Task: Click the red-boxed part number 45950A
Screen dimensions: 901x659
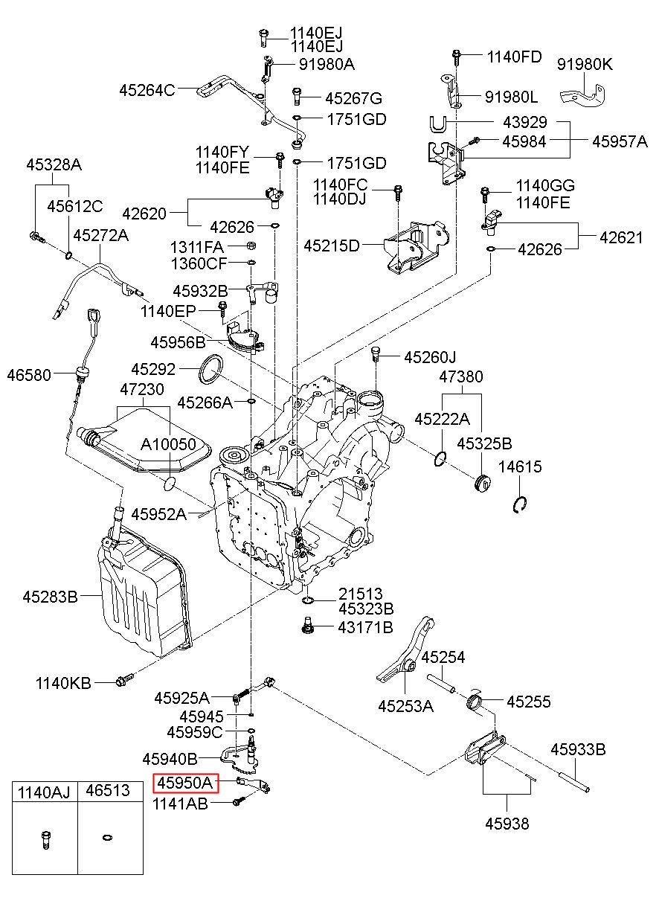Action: point(184,783)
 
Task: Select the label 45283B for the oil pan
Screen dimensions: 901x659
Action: point(51,596)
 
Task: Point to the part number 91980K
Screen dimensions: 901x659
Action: point(585,65)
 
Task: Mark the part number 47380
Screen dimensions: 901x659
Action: point(460,377)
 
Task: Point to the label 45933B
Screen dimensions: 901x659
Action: point(578,750)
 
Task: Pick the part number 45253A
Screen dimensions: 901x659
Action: point(405,706)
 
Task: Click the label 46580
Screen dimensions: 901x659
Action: point(29,375)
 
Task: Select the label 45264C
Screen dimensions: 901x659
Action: point(147,91)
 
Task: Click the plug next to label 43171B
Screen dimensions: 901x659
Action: point(305,627)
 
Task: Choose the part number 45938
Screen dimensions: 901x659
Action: point(507,824)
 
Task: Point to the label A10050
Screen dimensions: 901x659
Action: point(169,445)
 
